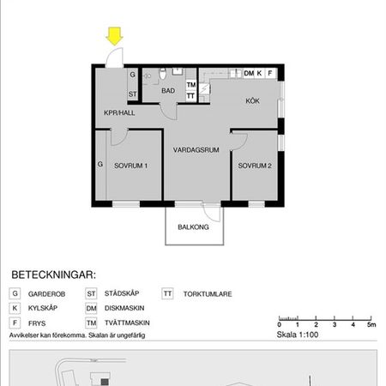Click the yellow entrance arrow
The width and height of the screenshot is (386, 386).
click(114, 36)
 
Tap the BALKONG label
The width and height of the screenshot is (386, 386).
click(193, 228)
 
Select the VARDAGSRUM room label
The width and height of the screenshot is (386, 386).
click(196, 149)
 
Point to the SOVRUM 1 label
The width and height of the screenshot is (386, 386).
click(131, 166)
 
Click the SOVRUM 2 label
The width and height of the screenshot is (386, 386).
click(255, 166)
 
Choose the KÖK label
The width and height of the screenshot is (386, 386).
click(252, 100)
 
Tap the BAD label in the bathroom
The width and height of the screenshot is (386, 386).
click(168, 91)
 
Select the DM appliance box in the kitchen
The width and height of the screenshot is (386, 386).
click(250, 74)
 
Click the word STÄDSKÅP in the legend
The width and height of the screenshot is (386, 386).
click(122, 293)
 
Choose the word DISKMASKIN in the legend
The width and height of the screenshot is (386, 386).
click(124, 308)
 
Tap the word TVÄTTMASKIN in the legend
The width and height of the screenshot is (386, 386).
click(127, 323)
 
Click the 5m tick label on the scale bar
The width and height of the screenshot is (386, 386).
click(371, 327)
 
